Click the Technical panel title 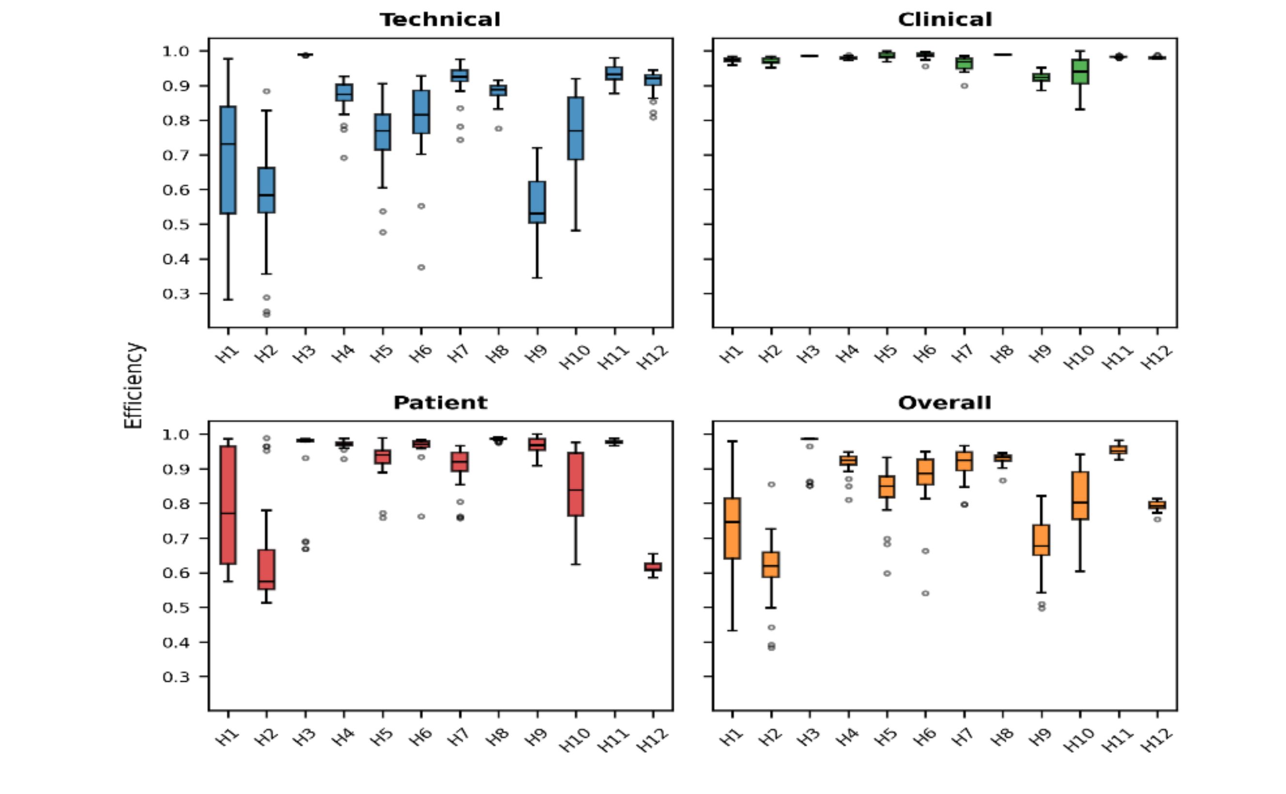[x=440, y=20]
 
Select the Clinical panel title [x=945, y=20]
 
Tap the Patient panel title [x=440, y=403]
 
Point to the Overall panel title [x=945, y=403]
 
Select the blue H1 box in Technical [x=228, y=160]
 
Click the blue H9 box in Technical [x=536, y=202]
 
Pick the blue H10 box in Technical [x=576, y=128]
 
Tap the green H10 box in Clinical [x=1080, y=72]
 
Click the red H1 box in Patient [x=228, y=505]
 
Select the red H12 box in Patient [x=653, y=566]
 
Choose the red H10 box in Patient [x=576, y=484]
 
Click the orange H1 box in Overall [x=732, y=528]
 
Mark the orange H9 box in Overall [x=1041, y=540]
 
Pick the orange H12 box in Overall [x=1157, y=505]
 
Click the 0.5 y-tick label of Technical [x=176, y=225]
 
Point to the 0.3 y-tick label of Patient [x=176, y=677]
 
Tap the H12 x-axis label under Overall [x=1157, y=740]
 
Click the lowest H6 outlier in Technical [x=421, y=267]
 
